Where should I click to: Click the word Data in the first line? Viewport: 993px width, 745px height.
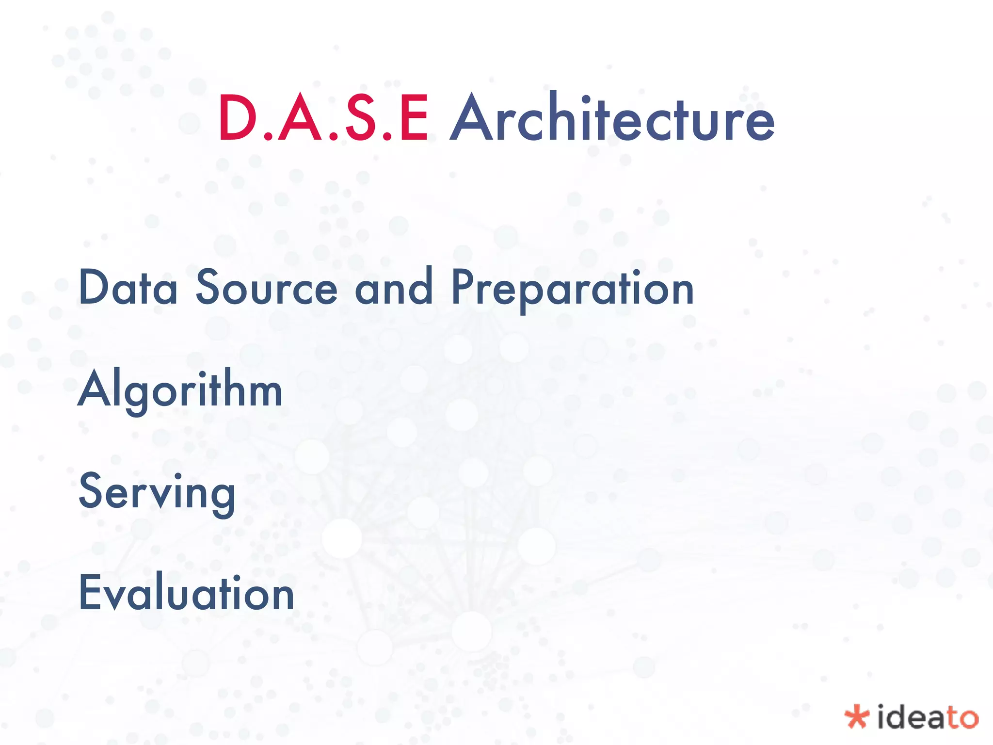pyautogui.click(x=128, y=288)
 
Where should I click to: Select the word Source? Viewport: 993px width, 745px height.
pyautogui.click(x=266, y=288)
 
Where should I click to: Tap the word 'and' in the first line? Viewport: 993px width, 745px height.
pyautogui.click(x=394, y=287)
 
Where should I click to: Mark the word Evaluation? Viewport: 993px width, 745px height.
pyautogui.click(x=187, y=593)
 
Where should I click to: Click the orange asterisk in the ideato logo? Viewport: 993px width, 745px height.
pyautogui.click(x=857, y=717)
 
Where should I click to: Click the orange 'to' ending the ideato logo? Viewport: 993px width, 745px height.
pyautogui.click(x=962, y=718)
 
